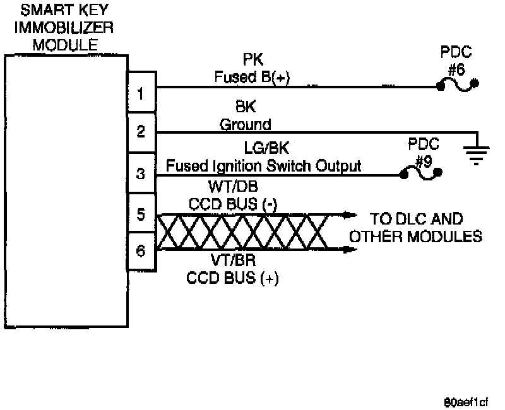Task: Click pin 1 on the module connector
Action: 141,94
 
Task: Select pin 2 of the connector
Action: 141,132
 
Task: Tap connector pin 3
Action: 141,172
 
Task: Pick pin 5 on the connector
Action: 141,213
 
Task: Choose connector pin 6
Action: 141,251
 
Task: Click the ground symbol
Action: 478,151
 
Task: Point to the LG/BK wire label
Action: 263,149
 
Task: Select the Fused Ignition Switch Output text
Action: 263,166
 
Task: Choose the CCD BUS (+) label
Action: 233,278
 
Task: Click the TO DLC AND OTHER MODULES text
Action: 415,228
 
